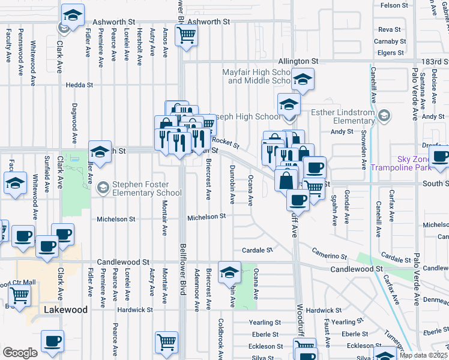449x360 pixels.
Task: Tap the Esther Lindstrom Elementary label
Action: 342,116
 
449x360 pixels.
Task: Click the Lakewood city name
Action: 66,310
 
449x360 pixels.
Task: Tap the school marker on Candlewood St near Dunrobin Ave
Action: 229,273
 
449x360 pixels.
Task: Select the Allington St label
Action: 298,61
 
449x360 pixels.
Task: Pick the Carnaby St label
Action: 390,41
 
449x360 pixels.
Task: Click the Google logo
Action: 20,353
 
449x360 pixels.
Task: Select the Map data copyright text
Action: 423,355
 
